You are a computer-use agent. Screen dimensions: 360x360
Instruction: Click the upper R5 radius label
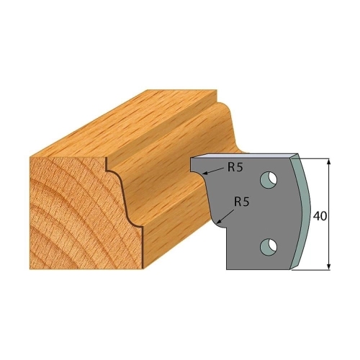click(235, 168)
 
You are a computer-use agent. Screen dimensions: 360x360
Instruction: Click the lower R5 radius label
click(242, 202)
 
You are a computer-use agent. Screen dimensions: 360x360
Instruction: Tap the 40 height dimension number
click(320, 217)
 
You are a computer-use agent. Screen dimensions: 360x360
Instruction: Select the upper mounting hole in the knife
click(269, 179)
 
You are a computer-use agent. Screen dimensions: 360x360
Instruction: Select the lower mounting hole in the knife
click(269, 247)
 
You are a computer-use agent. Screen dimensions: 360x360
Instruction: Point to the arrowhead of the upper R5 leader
click(204, 173)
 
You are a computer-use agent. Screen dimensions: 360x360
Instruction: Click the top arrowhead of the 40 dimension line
click(329, 162)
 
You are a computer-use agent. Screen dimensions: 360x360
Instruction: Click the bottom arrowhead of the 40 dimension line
click(329, 266)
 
